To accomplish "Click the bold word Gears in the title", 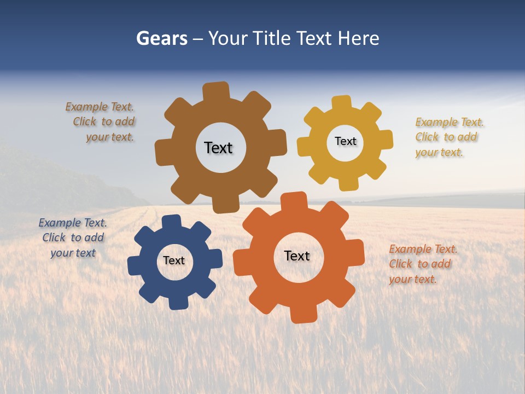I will tap(161, 38).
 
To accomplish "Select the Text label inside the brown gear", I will tap(218, 148).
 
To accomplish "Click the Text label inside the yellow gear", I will tap(345, 141).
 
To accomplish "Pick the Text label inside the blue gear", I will tap(174, 260).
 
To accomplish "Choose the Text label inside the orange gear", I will tap(297, 256).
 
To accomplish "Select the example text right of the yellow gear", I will tap(448, 137).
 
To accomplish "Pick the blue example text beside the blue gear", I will tap(73, 238).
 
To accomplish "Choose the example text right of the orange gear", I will tap(422, 264).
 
